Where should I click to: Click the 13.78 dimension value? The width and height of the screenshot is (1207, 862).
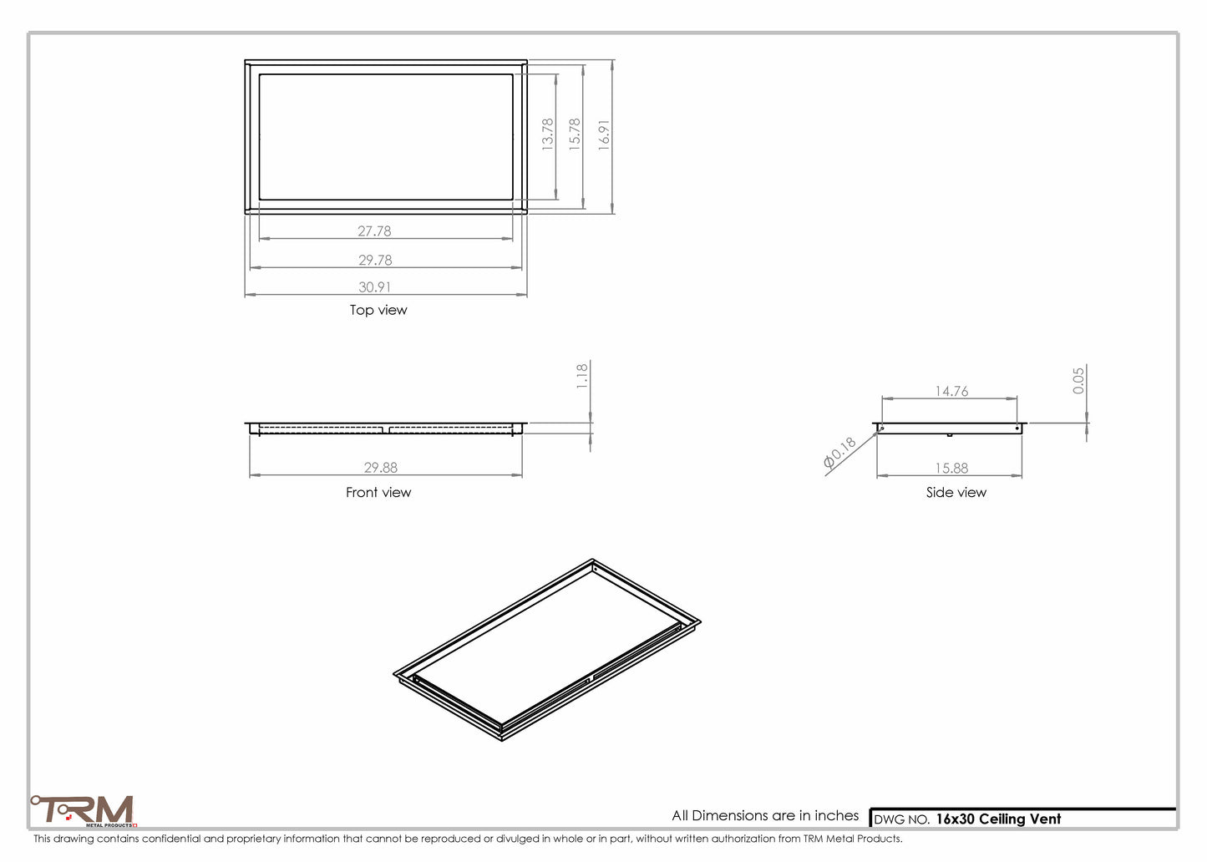pyautogui.click(x=548, y=134)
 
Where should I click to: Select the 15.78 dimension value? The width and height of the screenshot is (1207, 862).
pyautogui.click(x=575, y=134)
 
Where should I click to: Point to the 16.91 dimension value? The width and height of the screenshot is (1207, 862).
pyautogui.click(x=604, y=134)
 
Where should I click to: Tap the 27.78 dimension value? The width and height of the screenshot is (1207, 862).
pyautogui.click(x=374, y=231)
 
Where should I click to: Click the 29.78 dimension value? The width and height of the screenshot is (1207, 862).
pyautogui.click(x=375, y=261)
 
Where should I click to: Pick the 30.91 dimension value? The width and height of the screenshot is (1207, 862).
pyautogui.click(x=375, y=287)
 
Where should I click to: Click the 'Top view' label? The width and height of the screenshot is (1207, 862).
pyautogui.click(x=378, y=310)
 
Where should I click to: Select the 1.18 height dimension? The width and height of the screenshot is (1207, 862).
pyautogui.click(x=582, y=376)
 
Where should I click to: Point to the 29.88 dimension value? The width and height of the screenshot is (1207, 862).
pyautogui.click(x=381, y=468)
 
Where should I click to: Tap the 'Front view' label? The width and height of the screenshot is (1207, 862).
pyautogui.click(x=378, y=493)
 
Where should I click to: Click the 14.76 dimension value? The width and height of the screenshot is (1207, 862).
pyautogui.click(x=951, y=391)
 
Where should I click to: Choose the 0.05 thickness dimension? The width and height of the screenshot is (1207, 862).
pyautogui.click(x=1078, y=381)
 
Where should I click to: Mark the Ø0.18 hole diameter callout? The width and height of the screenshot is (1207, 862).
pyautogui.click(x=840, y=452)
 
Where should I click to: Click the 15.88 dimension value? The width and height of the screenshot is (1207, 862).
pyautogui.click(x=951, y=469)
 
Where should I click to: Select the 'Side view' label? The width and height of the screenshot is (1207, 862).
pyautogui.click(x=956, y=493)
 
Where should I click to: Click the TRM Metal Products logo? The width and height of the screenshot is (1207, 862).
pyautogui.click(x=84, y=811)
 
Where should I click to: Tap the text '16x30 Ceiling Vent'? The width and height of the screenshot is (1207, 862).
pyautogui.click(x=998, y=819)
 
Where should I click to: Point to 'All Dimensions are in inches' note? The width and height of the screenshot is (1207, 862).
pyautogui.click(x=765, y=815)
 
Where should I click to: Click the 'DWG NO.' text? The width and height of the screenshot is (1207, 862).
pyautogui.click(x=901, y=820)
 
